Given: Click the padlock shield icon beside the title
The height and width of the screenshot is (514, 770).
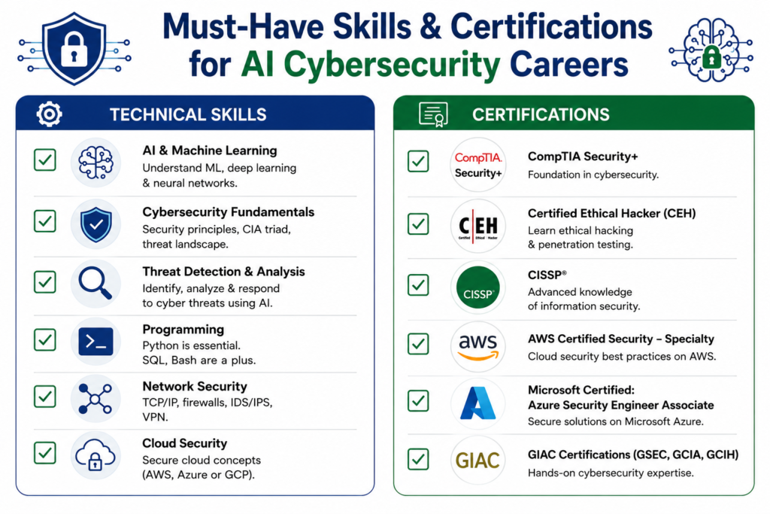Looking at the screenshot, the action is (74, 48).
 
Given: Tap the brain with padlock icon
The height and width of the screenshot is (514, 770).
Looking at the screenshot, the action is (711, 50).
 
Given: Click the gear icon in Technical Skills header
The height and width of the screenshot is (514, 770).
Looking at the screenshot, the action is (49, 114).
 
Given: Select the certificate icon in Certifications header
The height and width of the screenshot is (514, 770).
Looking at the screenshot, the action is (433, 114).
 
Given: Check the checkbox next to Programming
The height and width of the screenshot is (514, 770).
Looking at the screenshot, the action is (44, 339).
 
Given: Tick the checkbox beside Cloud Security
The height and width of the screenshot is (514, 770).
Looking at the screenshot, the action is (44, 452).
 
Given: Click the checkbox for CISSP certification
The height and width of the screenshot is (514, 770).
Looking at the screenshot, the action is (418, 285).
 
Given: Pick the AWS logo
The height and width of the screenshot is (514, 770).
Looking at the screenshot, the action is (477, 347).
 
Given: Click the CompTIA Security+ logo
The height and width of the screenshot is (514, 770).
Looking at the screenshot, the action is (477, 165).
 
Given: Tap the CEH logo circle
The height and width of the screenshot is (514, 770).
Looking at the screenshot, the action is (477, 226).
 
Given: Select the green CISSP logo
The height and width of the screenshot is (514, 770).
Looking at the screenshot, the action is (477, 287).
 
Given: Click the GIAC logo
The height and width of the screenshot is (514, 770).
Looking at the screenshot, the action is (477, 461).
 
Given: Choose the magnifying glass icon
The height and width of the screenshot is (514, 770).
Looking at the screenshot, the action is (95, 283).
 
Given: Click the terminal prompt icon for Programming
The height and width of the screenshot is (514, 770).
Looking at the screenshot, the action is (95, 341).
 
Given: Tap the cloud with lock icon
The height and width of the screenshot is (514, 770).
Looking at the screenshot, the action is (95, 455).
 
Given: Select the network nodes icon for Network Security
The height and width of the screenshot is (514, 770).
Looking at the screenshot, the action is (95, 399).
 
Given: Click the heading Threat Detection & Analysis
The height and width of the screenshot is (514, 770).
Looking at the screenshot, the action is (223, 272).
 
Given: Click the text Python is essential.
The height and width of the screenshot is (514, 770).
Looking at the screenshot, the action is (191, 345).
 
